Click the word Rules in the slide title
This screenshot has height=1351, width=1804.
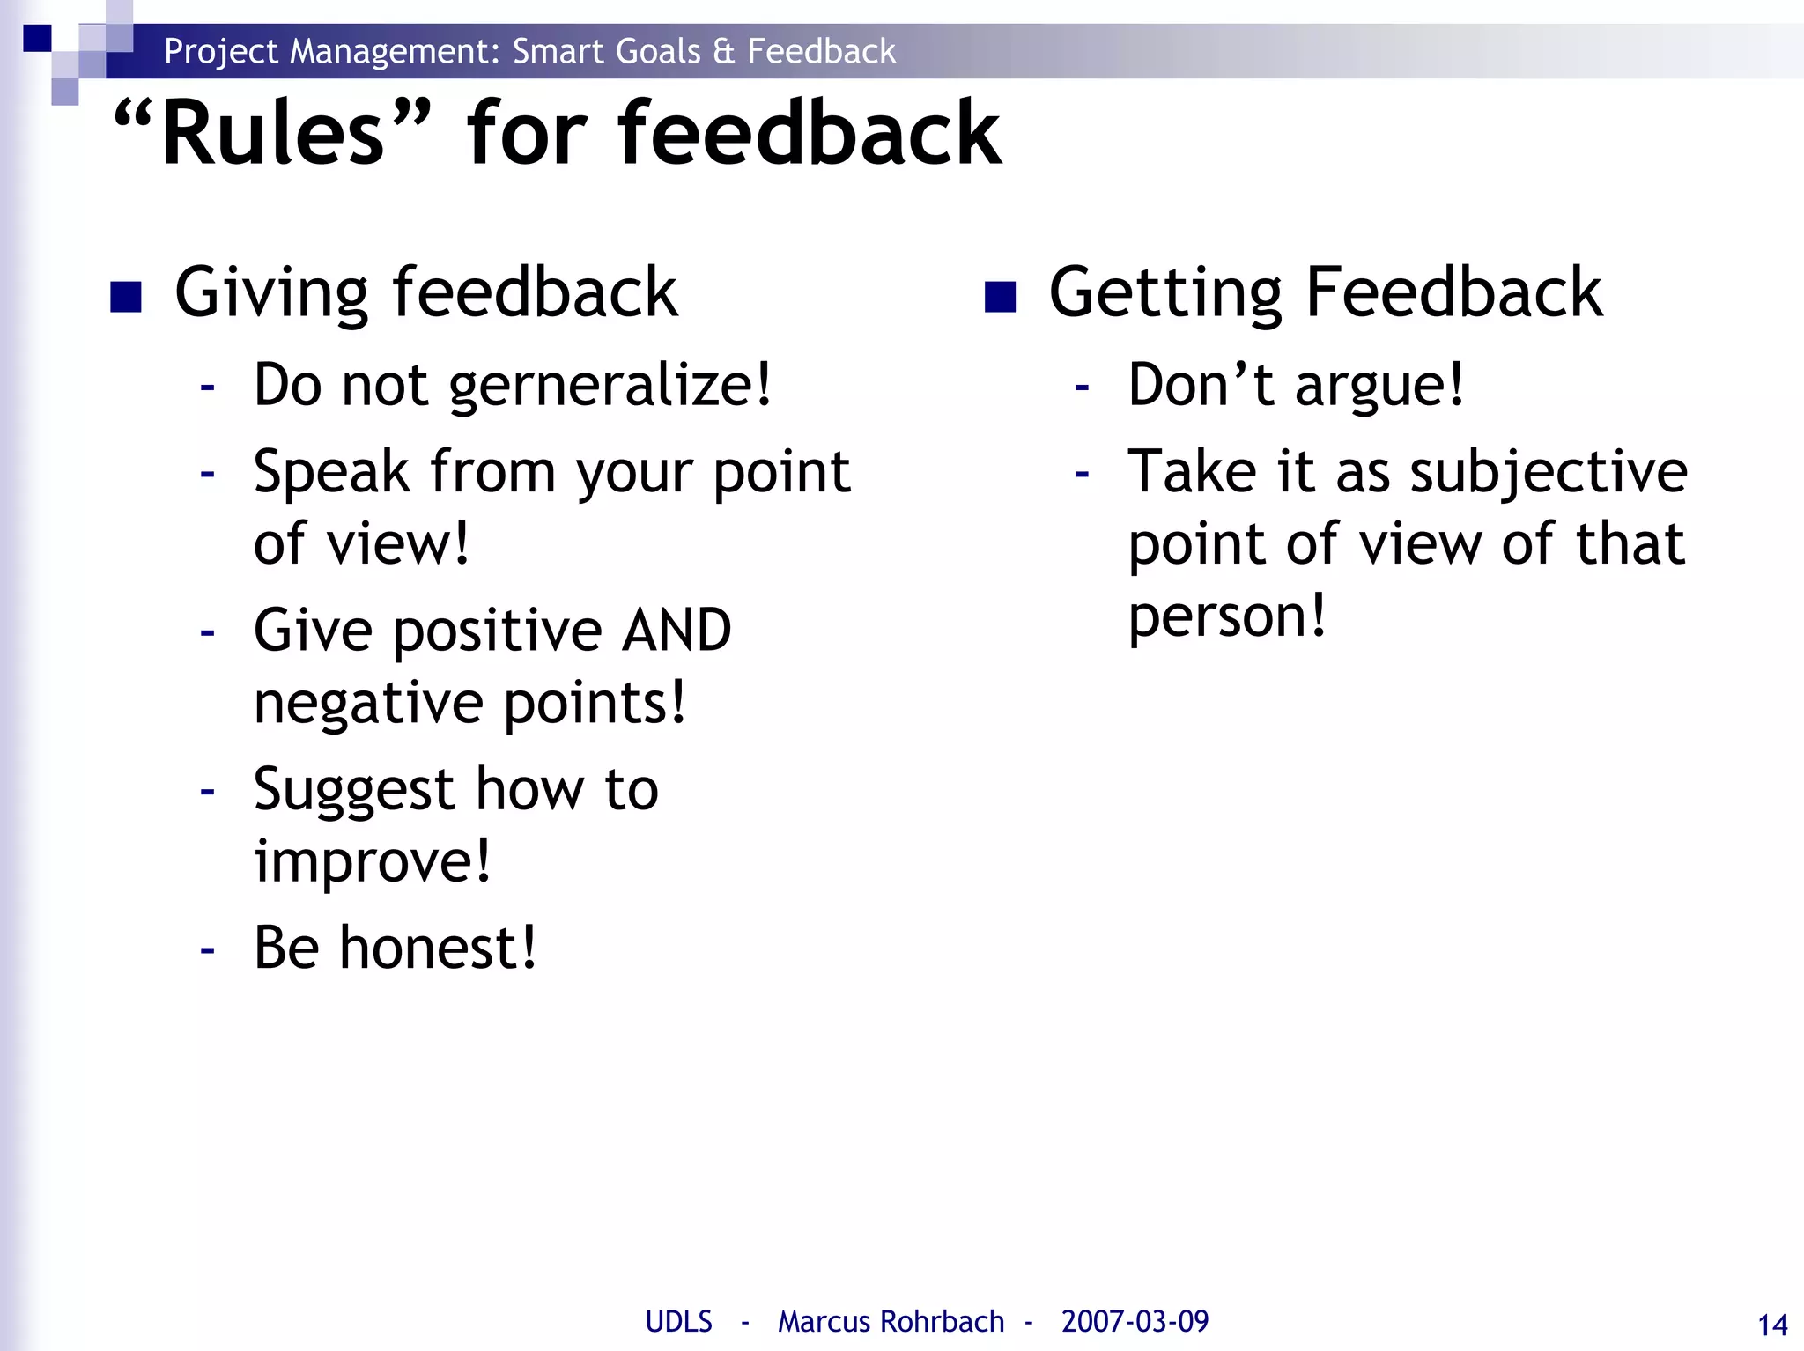(273, 134)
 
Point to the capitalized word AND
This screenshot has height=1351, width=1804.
(676, 631)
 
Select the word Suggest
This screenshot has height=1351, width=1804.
(353, 791)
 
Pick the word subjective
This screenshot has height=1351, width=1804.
(1549, 474)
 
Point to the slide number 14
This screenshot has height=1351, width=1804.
(1771, 1325)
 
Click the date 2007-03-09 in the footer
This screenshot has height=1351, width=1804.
(1135, 1321)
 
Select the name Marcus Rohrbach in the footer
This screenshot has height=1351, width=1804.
(891, 1321)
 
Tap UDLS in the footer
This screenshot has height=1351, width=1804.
(678, 1321)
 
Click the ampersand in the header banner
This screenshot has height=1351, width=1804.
(723, 51)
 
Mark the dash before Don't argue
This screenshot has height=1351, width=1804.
(1082, 387)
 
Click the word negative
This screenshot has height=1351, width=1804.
(368, 704)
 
